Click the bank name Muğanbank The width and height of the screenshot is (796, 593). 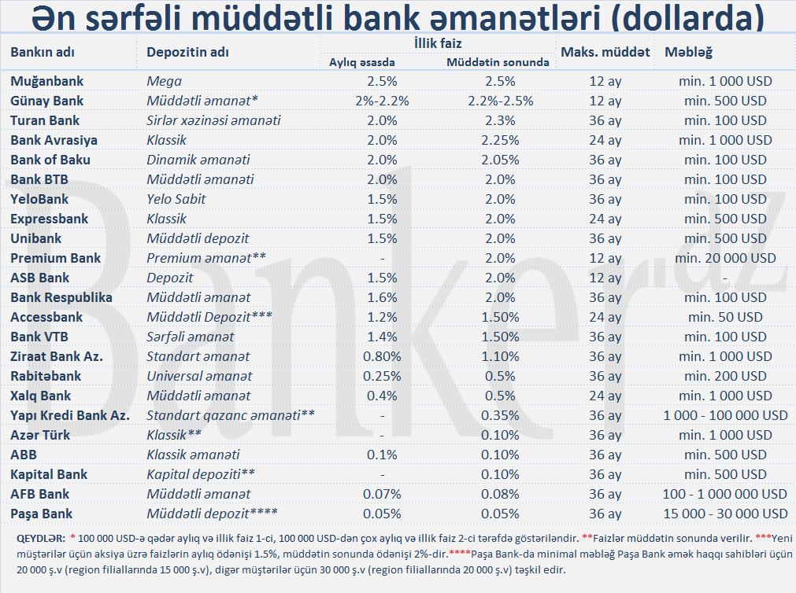point(46,81)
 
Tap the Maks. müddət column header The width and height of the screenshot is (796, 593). point(605,52)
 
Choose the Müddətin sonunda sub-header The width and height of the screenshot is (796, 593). point(498,62)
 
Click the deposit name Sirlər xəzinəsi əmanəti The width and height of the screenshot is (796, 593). point(213,120)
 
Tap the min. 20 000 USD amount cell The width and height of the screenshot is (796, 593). point(725,258)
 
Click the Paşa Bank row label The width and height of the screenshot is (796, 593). point(41,514)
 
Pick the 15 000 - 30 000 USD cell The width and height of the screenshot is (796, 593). point(725,514)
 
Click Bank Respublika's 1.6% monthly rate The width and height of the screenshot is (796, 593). point(382,297)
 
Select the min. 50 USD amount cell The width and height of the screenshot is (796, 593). point(725,317)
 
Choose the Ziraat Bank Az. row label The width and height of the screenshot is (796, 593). point(57,356)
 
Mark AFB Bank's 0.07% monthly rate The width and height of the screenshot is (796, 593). point(382,494)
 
